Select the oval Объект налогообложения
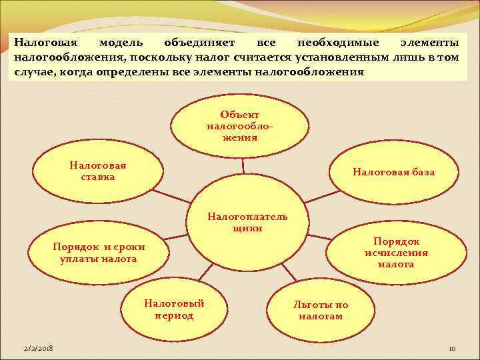[241, 126]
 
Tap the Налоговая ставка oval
[99, 172]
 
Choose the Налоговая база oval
[393, 172]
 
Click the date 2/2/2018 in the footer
[38, 349]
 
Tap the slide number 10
[451, 349]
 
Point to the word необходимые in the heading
[338, 43]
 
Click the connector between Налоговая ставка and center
[175, 196]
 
